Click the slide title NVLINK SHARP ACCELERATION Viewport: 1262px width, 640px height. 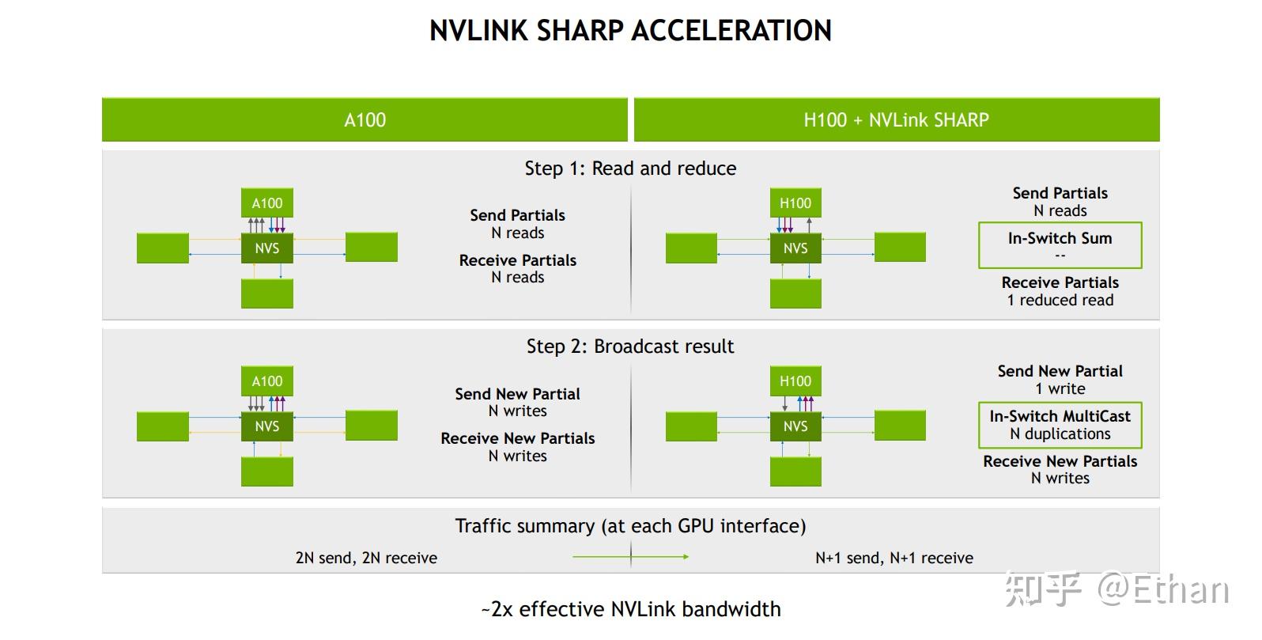pos(630,31)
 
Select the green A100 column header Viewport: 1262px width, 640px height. pos(365,120)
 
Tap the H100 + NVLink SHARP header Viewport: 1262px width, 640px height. pos(896,120)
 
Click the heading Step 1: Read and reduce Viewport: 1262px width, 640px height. pos(630,169)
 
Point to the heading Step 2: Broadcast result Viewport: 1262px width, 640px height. pos(630,347)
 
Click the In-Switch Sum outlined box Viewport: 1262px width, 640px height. pos(1060,245)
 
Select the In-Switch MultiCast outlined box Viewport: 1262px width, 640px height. pos(1060,425)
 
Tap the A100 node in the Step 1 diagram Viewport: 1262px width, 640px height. pos(267,203)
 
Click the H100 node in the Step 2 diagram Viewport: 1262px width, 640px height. pos(795,381)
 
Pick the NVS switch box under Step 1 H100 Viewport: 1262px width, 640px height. pos(795,248)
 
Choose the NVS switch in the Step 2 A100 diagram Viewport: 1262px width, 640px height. pos(267,426)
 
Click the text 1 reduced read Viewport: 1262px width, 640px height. pos(1060,301)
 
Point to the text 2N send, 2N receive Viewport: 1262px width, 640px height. pos(366,558)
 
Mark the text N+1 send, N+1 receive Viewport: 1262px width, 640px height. pos(894,558)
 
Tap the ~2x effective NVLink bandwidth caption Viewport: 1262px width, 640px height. pos(630,609)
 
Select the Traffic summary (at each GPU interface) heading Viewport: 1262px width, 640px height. pos(630,526)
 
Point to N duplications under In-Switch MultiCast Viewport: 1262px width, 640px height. pos(1060,434)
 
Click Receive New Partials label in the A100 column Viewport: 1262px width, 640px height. pos(517,438)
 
